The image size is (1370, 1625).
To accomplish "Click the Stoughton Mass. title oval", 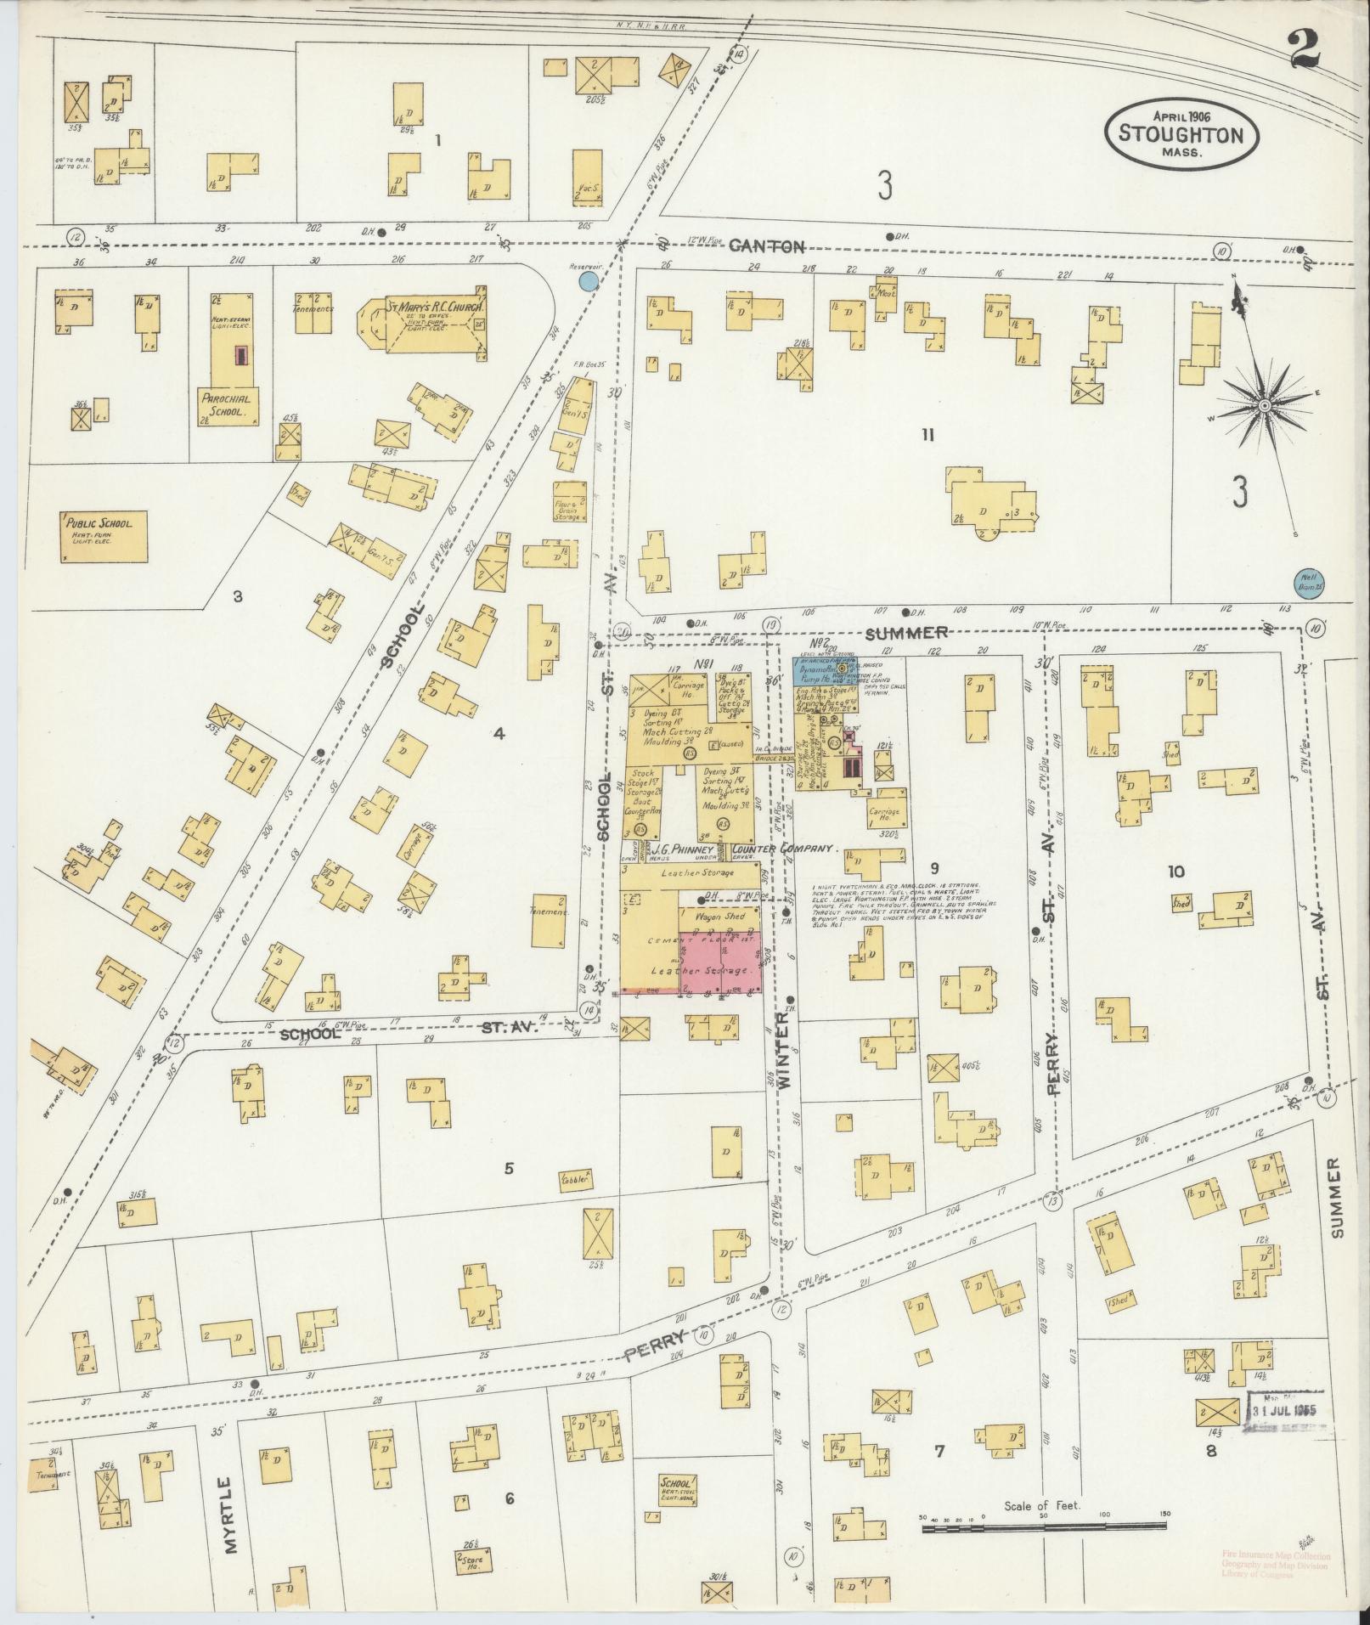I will pyautogui.click(x=1181, y=133).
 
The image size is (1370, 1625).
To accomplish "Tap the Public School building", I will pyautogui.click(x=104, y=536).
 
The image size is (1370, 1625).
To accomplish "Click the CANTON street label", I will pyautogui.click(x=767, y=246).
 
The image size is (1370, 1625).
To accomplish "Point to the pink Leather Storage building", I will pyautogui.click(x=719, y=962).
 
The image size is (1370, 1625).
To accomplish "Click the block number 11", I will pyautogui.click(x=927, y=436).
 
